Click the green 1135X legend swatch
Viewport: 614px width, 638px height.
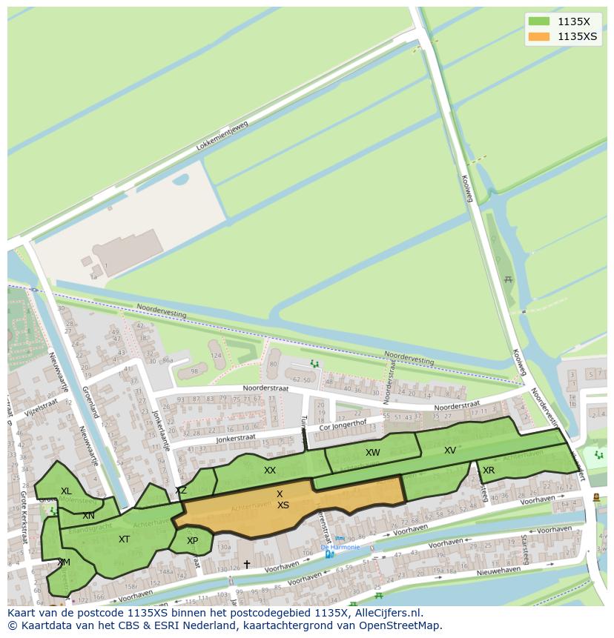[x=538, y=21]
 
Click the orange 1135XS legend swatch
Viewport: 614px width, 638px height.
[x=538, y=36]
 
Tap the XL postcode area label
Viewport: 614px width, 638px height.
[x=67, y=491]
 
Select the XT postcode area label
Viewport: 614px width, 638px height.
[x=124, y=539]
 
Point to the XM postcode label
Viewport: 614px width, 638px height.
[x=64, y=562]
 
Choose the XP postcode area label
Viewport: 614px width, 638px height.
[x=192, y=541]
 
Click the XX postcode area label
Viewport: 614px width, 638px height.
[x=270, y=471]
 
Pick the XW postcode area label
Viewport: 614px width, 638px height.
[x=372, y=453]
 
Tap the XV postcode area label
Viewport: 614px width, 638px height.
[x=450, y=451]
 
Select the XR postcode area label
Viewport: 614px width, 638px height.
[x=489, y=471]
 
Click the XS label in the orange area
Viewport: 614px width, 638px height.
[x=283, y=505]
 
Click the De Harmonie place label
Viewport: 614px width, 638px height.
[x=340, y=548]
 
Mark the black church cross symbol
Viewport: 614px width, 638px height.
[x=247, y=565]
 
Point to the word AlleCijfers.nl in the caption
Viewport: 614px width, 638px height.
[x=385, y=613]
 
